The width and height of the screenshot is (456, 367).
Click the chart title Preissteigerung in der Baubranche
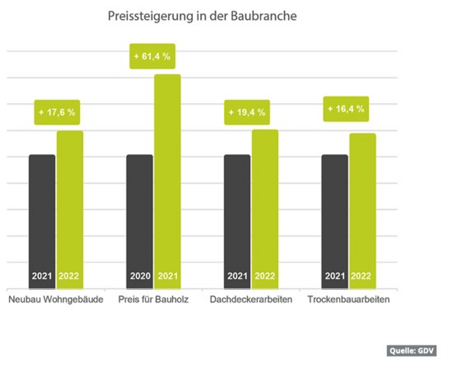coord(202,16)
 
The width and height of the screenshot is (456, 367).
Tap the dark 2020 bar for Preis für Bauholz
coord(140,215)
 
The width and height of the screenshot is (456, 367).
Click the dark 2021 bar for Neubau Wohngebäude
coord(42,215)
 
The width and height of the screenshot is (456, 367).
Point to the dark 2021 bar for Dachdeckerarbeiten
coord(237,215)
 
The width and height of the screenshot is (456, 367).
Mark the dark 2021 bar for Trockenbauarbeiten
coord(335,215)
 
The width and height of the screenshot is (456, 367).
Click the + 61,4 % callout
coord(152,56)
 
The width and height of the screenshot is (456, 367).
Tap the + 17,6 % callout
coord(57,112)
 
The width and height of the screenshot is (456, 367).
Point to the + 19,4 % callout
coord(247,112)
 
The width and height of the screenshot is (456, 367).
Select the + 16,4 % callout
coord(346,109)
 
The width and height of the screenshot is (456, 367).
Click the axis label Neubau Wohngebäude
coord(56,300)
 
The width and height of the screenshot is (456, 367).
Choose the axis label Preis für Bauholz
coord(154,300)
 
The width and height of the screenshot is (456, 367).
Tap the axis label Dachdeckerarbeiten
coord(251,300)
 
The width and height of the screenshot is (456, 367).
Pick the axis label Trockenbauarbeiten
coord(349,300)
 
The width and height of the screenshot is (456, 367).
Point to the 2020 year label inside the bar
coord(140,276)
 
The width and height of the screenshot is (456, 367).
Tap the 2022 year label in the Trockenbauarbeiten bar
coord(361,276)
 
